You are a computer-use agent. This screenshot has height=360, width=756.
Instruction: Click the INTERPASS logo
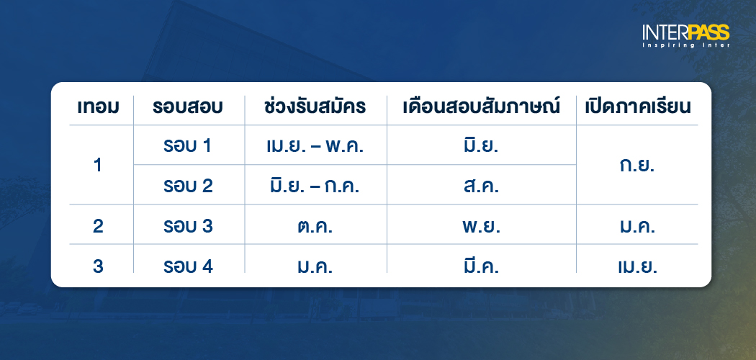(x=686, y=32)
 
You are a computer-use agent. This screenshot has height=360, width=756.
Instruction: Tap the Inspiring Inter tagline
(x=686, y=45)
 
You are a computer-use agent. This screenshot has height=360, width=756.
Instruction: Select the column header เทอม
(x=98, y=107)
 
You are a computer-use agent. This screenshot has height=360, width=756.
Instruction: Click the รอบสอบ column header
(x=188, y=107)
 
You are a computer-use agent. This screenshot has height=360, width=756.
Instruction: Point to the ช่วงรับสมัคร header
(x=315, y=107)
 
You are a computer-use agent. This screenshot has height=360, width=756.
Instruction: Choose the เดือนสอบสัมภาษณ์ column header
(x=482, y=107)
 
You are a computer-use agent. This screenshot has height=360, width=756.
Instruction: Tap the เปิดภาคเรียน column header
(x=636, y=107)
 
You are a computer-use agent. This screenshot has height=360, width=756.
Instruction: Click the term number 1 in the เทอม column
(x=98, y=166)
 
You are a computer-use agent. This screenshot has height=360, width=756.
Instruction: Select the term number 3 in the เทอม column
(x=98, y=266)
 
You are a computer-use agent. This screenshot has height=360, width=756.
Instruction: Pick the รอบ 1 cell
(x=188, y=146)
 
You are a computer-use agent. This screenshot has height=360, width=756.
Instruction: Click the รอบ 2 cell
(x=188, y=186)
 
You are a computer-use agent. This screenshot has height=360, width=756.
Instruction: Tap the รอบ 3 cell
(x=188, y=226)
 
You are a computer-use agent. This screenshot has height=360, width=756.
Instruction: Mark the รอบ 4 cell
(x=188, y=266)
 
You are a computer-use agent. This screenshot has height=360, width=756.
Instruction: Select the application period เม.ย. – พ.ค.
(x=315, y=146)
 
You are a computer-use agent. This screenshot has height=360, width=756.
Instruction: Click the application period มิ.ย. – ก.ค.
(x=315, y=186)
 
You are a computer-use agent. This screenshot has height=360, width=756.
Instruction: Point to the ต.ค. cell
(x=315, y=226)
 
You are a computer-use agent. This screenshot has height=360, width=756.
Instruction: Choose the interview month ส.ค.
(x=482, y=186)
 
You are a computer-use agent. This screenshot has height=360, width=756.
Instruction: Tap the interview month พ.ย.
(x=482, y=226)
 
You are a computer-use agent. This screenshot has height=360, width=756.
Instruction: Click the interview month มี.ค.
(x=482, y=266)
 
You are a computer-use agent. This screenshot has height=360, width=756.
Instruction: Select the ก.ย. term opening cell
(x=636, y=166)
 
